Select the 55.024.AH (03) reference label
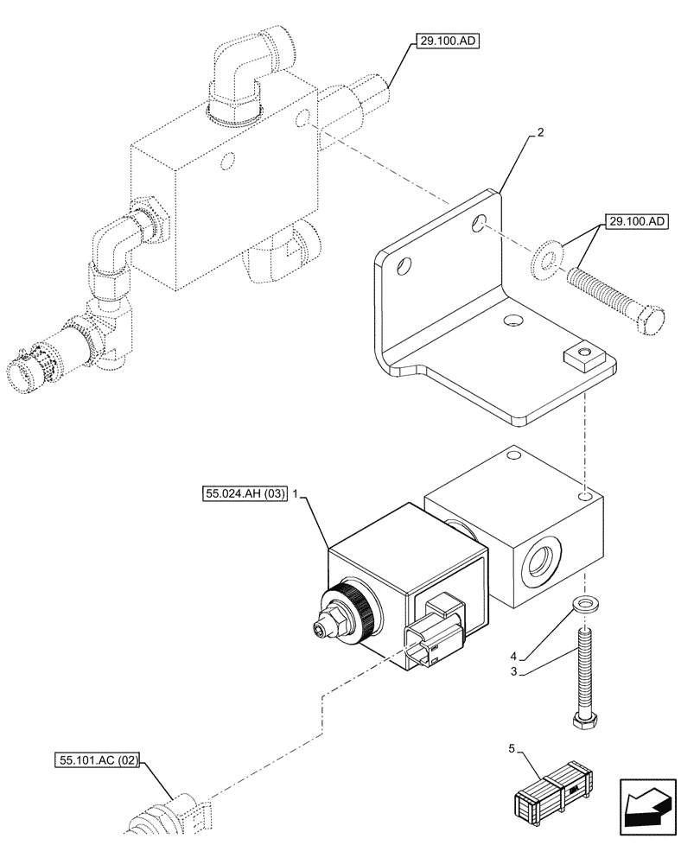243,494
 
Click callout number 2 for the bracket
540,133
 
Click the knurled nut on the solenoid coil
356,610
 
